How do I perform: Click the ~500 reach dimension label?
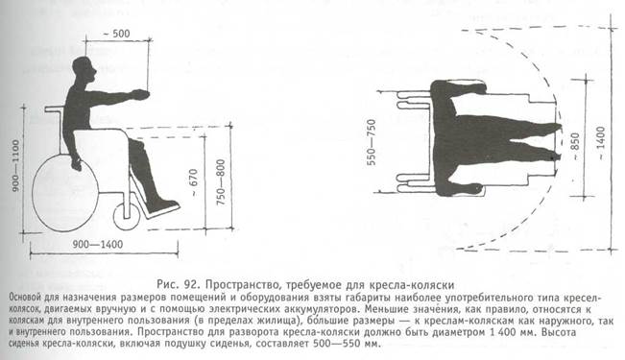click(116, 34)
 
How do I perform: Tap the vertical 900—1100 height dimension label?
click(16, 165)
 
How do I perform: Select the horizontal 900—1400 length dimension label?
click(98, 245)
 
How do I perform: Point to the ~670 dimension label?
click(193, 182)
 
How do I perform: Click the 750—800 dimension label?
click(221, 182)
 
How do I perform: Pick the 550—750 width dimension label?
click(372, 142)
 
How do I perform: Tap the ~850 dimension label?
click(575, 146)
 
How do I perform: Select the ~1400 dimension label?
click(601, 143)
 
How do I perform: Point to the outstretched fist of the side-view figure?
click(140, 95)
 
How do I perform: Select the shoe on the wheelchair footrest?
click(162, 206)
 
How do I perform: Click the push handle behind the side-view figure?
click(54, 108)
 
